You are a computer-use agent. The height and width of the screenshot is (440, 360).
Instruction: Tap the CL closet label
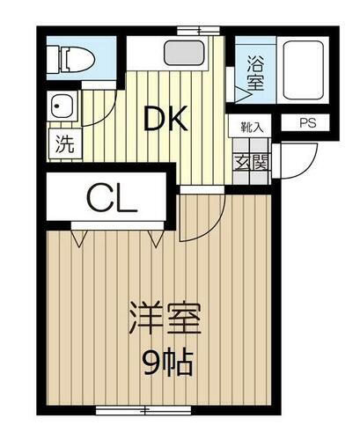click(112, 201)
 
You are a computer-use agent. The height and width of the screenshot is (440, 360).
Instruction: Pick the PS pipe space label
click(307, 123)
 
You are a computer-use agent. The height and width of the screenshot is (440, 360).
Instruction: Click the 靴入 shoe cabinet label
click(252, 126)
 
